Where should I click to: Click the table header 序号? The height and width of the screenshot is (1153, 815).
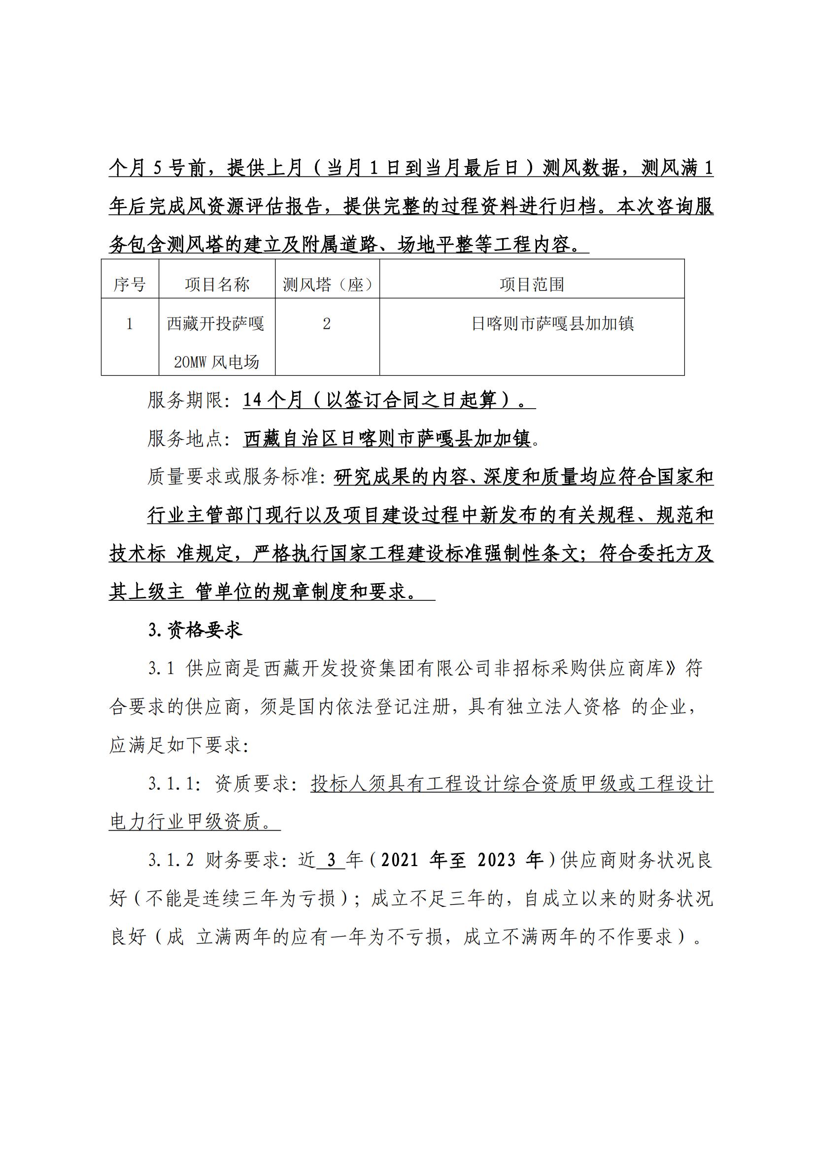[130, 285]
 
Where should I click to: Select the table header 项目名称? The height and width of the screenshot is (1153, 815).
[217, 285]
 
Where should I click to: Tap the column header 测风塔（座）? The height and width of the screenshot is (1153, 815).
[327, 285]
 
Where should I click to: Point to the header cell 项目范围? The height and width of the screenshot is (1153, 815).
[532, 285]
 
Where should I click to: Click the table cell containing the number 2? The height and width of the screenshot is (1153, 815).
[327, 324]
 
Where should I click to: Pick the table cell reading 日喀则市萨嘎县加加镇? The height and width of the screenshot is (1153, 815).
[552, 324]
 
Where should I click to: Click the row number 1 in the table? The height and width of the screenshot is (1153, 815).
[130, 324]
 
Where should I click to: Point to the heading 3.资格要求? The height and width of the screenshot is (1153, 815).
[195, 629]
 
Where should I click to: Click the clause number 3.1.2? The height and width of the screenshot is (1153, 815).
[170, 861]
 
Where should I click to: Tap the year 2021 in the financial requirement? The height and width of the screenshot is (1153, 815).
[400, 861]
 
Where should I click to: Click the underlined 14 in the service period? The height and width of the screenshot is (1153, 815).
[253, 400]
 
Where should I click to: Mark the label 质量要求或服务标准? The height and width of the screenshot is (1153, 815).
[234, 477]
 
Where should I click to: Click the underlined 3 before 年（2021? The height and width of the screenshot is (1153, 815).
[331, 861]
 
